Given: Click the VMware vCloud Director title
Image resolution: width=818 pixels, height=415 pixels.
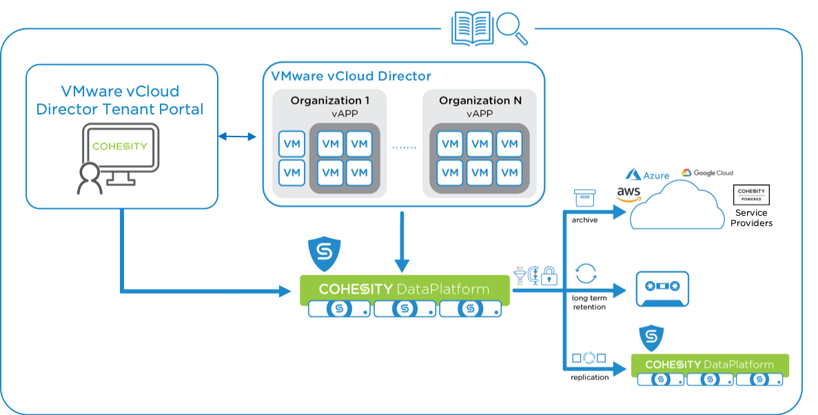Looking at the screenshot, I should tap(351, 76).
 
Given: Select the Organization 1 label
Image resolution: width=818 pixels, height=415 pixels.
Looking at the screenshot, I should tap(329, 101).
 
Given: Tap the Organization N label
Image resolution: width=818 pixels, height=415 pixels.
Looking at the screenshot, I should tap(480, 101).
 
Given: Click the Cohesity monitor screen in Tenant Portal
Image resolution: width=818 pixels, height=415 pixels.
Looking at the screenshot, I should tap(120, 146).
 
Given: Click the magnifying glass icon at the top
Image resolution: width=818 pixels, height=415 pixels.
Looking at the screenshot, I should tap(513, 28).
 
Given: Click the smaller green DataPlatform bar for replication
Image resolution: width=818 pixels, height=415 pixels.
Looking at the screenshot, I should tap(710, 365).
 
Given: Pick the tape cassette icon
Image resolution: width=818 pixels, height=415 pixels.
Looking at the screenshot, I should tap(661, 289).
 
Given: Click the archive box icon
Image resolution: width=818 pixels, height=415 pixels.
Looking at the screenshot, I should tap(584, 199).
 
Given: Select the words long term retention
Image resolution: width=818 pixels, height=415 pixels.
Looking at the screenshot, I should tap(589, 302).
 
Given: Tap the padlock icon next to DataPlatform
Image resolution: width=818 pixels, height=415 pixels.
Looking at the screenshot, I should tap(549, 276).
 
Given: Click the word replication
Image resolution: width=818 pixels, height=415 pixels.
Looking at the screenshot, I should tap(589, 377).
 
